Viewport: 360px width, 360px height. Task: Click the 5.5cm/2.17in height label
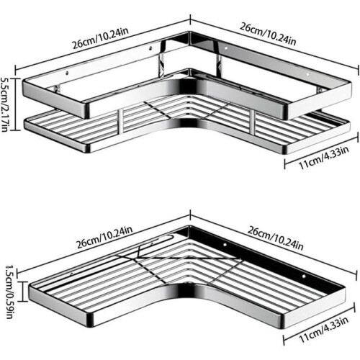(5, 104)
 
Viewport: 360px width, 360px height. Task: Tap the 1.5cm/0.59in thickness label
(9, 292)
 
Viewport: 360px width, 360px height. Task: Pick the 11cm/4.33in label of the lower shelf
(323, 330)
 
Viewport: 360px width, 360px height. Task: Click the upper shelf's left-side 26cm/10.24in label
(100, 38)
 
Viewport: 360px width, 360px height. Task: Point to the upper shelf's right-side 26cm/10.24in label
(268, 35)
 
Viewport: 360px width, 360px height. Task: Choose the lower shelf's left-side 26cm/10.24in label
(104, 237)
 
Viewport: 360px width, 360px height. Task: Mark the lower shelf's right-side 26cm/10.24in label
(275, 238)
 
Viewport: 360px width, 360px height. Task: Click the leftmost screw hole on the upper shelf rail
(67, 73)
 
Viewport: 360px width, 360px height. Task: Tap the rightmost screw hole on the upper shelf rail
(308, 73)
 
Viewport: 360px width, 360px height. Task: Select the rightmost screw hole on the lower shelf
(304, 276)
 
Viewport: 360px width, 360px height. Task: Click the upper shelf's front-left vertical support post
(120, 121)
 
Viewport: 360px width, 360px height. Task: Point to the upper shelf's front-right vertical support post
(252, 122)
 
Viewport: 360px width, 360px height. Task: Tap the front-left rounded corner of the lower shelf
(89, 319)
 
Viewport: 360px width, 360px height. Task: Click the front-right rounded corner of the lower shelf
(284, 320)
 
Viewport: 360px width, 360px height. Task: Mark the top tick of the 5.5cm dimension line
(17, 78)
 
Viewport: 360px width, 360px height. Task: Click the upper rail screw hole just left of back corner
(150, 48)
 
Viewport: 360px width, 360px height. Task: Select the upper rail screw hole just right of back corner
(225, 49)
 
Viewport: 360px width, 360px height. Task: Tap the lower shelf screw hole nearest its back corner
(225, 245)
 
